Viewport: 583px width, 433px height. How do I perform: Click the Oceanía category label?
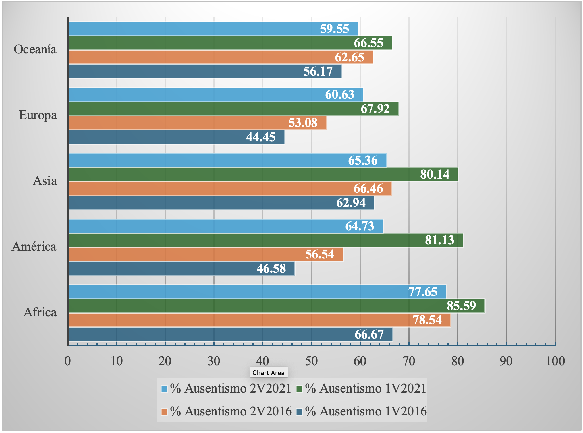35,49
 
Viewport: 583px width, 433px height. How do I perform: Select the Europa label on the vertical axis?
38,115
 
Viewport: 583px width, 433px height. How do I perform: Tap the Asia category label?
45,181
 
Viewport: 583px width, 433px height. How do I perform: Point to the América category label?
34,246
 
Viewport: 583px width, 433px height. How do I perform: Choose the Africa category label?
40,312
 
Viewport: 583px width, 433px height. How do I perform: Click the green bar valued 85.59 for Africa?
277,306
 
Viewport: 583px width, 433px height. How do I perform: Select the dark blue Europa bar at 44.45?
176,137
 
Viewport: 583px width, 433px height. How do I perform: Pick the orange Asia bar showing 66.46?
230,189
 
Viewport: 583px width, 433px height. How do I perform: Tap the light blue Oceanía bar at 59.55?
213,29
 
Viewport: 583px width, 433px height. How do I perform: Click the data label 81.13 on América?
440,240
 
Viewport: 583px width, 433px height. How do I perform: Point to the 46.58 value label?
271,268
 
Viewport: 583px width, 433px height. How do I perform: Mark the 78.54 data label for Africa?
427,320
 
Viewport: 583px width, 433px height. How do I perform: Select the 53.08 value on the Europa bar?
303,123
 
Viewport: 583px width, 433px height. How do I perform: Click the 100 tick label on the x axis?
555,361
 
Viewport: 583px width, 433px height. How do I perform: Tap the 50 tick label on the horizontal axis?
312,361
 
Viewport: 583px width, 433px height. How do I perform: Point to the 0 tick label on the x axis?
68,361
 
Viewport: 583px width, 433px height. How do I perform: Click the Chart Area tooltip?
269,373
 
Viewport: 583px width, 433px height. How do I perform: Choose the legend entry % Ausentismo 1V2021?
361,388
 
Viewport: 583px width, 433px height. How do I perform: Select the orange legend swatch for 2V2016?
164,412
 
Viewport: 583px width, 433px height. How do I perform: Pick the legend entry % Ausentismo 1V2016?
361,411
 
